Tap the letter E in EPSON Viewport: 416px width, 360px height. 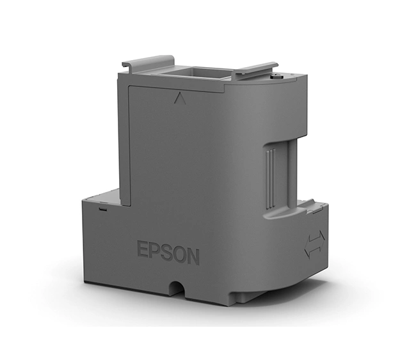143,249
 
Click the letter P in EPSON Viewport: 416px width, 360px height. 156,251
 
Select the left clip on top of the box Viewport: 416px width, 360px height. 148,61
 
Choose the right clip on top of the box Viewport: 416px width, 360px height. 255,70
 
